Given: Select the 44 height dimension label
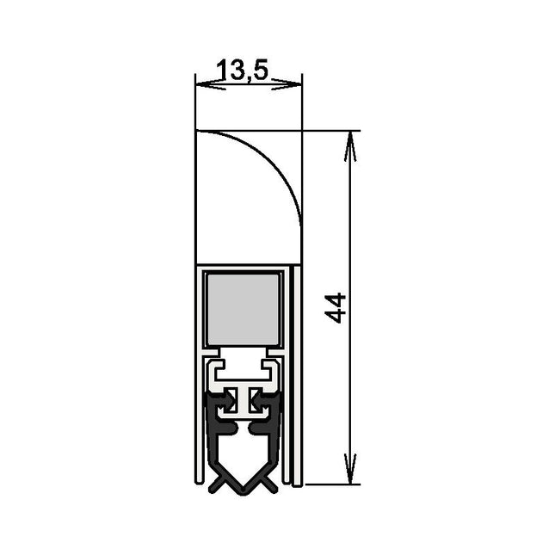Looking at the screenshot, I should pos(336,307).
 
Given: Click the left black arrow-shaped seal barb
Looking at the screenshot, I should pos(227,400).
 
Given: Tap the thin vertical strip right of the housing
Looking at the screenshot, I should pos(298,379).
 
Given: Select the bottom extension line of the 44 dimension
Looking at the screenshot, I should pos(331,484).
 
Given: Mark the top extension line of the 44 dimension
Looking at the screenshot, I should pos(331,131).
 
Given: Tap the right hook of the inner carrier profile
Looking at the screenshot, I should pos(274,370).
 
